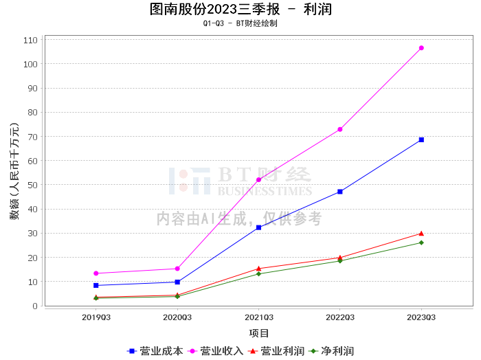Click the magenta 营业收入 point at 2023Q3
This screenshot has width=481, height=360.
point(421,48)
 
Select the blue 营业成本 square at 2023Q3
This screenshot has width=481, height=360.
point(421,140)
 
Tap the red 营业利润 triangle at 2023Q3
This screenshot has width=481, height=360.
point(421,234)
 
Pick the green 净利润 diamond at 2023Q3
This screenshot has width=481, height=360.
point(421,243)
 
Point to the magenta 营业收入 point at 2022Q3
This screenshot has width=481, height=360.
point(340,129)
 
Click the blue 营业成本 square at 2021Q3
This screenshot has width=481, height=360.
point(258,227)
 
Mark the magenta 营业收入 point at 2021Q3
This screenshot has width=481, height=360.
point(258,180)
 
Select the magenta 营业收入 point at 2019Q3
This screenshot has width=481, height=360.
point(96,273)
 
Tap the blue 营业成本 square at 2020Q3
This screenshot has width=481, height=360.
point(177,282)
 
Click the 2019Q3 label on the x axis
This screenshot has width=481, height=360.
point(96,317)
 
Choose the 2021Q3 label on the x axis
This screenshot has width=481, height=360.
point(258,317)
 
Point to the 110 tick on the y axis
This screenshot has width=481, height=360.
point(30,40)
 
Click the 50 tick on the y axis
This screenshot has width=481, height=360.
point(32,185)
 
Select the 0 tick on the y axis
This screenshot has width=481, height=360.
point(35,306)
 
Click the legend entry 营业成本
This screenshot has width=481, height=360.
point(155,351)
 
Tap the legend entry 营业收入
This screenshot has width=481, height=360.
point(215,351)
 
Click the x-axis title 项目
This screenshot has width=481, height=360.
point(258,333)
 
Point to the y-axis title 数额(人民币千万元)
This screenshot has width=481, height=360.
point(14,171)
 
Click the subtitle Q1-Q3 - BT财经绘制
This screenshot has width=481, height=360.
point(240,23)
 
